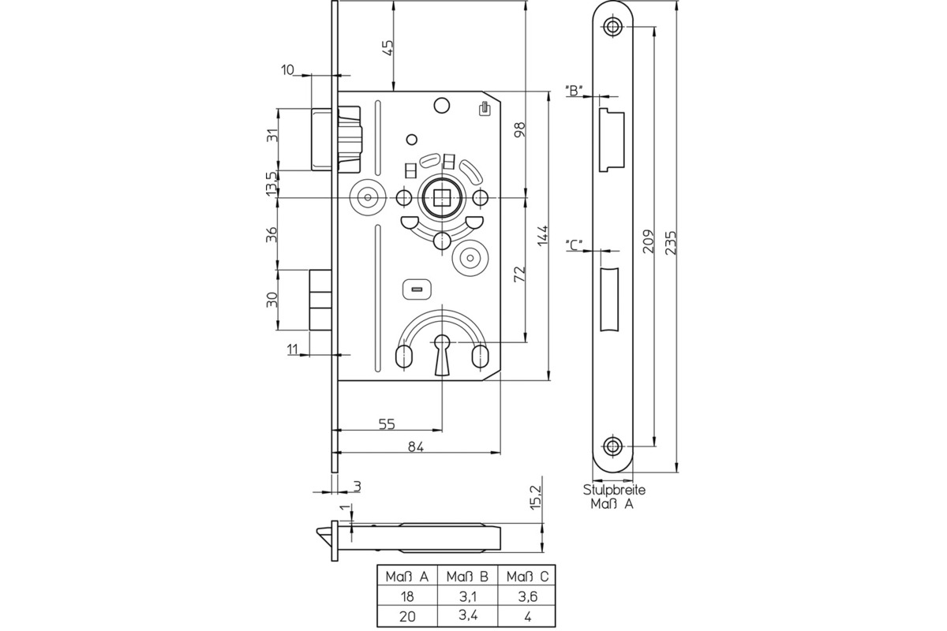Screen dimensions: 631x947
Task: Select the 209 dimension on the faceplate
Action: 647,241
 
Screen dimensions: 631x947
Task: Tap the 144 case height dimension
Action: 543,237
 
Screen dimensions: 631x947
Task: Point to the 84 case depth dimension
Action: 416,446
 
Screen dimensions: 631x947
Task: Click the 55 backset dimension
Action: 387,424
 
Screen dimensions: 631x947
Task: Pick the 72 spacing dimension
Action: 519,274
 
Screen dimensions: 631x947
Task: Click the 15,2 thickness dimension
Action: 536,497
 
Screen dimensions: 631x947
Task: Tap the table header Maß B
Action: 466,576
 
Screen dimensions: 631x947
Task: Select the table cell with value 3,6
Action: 526,596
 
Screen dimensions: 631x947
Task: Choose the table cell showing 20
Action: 407,616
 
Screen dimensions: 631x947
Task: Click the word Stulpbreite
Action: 614,490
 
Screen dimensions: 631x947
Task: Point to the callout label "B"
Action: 574,90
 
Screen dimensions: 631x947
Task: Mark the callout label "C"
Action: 574,244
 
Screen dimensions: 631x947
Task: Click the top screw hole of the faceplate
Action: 613,27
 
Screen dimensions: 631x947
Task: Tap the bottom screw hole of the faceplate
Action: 613,445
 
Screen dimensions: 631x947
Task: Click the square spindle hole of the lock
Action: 440,196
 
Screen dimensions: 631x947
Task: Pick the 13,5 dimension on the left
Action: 271,184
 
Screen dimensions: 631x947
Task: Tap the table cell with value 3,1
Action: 466,596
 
